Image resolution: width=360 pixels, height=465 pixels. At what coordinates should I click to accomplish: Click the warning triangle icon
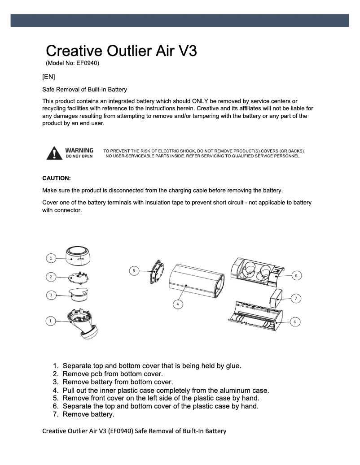tap(54, 153)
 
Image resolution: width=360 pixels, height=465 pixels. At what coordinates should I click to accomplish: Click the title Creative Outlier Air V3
tap(121, 50)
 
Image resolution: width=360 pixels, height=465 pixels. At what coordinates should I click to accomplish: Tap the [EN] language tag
tap(48, 76)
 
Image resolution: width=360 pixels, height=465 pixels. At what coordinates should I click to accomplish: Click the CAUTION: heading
tap(56, 178)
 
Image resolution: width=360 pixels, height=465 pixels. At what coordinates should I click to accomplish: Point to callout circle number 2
tap(52, 277)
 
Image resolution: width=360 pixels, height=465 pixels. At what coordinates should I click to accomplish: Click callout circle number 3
tap(52, 295)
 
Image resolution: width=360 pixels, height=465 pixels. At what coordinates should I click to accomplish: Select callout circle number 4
tap(178, 304)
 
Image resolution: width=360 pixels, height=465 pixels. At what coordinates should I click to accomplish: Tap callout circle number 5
tap(133, 270)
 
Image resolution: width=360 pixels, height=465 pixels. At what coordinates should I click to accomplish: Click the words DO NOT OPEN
tap(79, 156)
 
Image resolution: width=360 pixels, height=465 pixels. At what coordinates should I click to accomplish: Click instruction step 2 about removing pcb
tap(112, 374)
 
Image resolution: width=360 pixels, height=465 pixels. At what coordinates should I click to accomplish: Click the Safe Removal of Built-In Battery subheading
tap(84, 90)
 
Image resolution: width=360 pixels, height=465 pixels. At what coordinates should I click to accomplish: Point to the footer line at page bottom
tap(134, 431)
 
